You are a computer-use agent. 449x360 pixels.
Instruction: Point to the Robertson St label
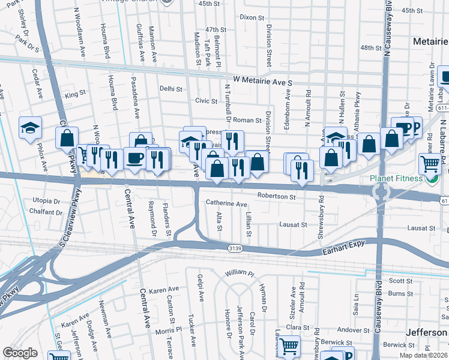[x=277, y=196]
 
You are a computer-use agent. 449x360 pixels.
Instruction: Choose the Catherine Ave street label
[x=226, y=204]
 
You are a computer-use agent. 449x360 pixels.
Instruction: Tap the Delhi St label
[x=171, y=88]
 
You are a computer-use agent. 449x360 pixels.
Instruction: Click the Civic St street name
[x=205, y=101]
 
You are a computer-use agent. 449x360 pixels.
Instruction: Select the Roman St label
[x=247, y=120]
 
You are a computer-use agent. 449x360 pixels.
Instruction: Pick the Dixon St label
[x=252, y=17]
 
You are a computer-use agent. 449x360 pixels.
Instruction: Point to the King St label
[x=76, y=94]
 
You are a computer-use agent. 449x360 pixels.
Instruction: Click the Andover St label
[x=349, y=329]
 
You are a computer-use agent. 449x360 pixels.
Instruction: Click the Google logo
[x=20, y=353]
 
